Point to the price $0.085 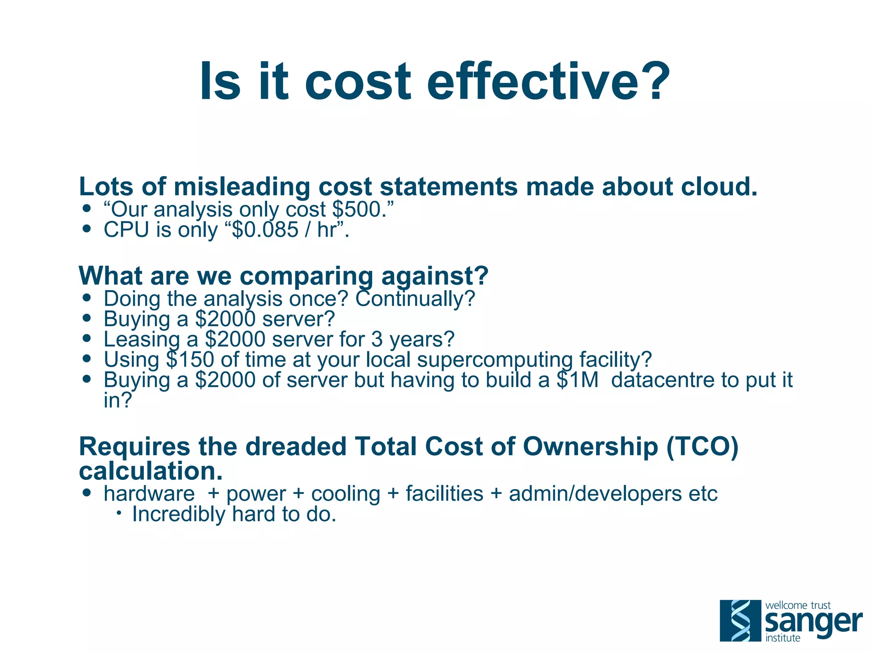(x=265, y=230)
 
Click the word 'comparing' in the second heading (x=306, y=277)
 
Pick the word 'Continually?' (x=415, y=299)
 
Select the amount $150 (x=190, y=359)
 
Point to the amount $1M (x=577, y=380)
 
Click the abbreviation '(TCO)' (x=702, y=447)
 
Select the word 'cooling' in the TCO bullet (x=345, y=494)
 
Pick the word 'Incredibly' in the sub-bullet (x=179, y=514)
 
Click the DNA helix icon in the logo (x=740, y=620)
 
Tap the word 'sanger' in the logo (x=813, y=622)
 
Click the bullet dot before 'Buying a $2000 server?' (x=87, y=318)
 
